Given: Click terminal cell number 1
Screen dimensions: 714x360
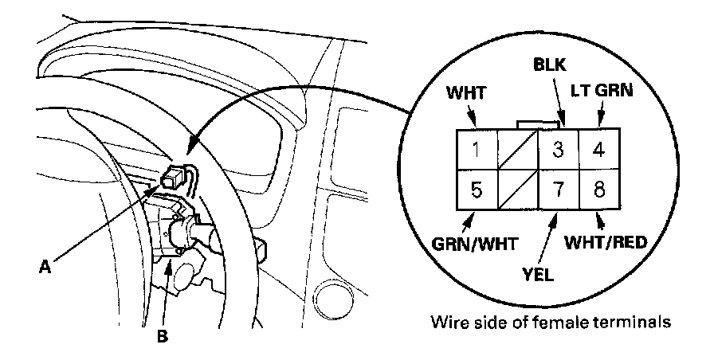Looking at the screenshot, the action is pos(476,148).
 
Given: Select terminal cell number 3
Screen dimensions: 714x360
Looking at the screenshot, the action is pos(559,148).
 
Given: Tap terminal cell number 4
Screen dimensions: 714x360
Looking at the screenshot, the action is pos(599,148).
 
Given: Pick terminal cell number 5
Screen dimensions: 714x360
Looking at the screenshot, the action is pos(476,190).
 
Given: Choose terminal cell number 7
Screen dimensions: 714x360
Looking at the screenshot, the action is pos(559,190).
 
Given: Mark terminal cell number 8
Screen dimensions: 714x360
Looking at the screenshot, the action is pos(599,190).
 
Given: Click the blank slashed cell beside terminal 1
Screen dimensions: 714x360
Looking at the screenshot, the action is pos(517,148).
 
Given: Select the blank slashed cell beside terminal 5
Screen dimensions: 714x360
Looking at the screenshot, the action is pos(517,190).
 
